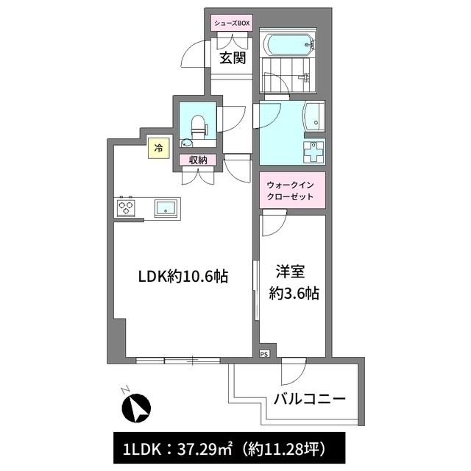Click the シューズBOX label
click(x=232, y=23)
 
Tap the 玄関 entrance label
click(x=233, y=58)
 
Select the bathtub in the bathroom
click(x=288, y=45)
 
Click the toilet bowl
click(x=198, y=125)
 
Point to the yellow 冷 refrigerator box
click(x=159, y=148)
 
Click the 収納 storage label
click(x=198, y=160)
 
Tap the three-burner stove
click(x=126, y=208)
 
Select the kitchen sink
click(x=166, y=208)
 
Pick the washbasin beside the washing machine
click(x=314, y=116)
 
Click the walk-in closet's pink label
click(x=292, y=190)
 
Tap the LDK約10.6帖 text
click(x=183, y=277)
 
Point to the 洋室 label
click(x=290, y=271)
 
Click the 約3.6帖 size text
click(x=294, y=293)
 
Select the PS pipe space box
click(x=264, y=354)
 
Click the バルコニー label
click(x=310, y=399)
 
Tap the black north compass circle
click(x=136, y=408)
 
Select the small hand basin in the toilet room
click(x=186, y=143)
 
